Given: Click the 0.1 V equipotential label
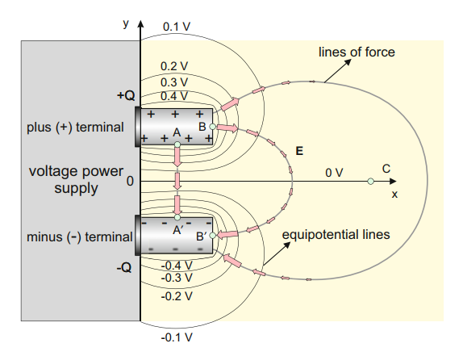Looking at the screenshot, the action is point(177,27).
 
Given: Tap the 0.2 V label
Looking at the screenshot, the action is point(174,66).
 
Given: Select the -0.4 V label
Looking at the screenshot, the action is point(177,266).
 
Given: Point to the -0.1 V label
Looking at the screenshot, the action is point(177,337).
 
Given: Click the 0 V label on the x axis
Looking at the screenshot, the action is point(334,173).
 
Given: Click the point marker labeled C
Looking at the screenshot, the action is point(370,181).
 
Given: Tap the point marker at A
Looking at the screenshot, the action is point(177,144).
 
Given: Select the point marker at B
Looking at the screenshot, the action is point(212,127).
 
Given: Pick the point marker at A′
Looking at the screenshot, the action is point(177,218).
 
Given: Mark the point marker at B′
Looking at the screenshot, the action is point(212,235).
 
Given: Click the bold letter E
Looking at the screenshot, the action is point(299,151).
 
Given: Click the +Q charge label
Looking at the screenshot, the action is point(126,95).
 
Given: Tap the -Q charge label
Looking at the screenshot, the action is point(124,268).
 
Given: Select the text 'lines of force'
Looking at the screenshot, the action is point(357,52).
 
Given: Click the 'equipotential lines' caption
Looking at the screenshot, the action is point(336,235).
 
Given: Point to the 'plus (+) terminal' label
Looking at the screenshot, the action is point(75,128).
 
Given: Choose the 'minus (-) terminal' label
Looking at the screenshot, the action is point(79,237).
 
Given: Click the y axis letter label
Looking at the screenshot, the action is point(126,23).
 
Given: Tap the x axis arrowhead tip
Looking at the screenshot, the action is point(396,181).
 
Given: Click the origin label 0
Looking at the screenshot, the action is point(130,181).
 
